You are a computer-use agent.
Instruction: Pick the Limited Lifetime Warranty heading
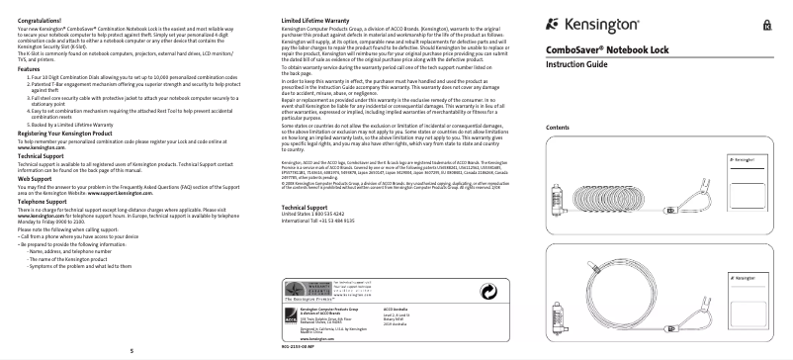311,20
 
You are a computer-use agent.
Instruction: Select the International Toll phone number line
320,247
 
